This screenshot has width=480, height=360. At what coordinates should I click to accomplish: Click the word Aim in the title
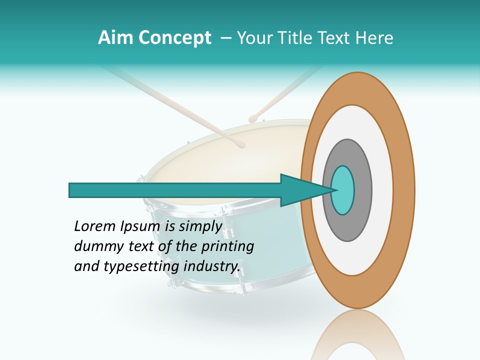pyautogui.click(x=115, y=38)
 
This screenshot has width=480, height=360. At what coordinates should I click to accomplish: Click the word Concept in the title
pyautogui.click(x=173, y=38)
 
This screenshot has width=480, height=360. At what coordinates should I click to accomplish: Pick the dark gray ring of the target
pyautogui.click(x=362, y=190)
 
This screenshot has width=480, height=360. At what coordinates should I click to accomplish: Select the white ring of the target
pyautogui.click(x=382, y=190)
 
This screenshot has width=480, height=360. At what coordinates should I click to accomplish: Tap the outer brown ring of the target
pyautogui.click(x=404, y=190)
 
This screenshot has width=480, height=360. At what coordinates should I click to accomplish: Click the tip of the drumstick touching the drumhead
pyautogui.click(x=241, y=144)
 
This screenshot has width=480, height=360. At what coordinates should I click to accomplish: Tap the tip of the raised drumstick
pyautogui.click(x=253, y=118)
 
